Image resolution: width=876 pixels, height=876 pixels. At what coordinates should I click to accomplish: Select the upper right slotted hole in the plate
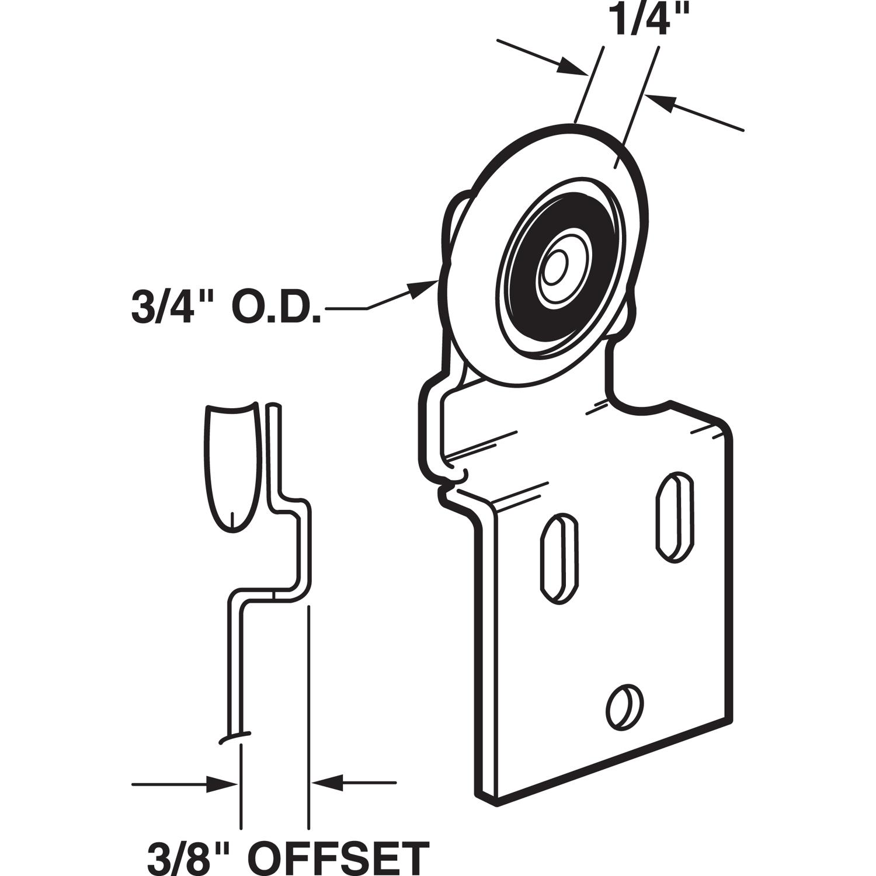[676, 517]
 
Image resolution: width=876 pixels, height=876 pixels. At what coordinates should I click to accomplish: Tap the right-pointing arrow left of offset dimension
[222, 783]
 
